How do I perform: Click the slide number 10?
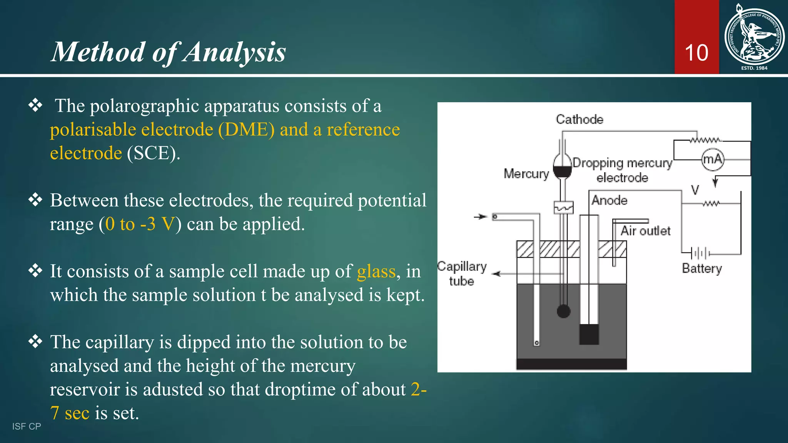click(696, 53)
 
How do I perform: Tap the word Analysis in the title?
click(234, 52)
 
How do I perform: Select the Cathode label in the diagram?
click(579, 120)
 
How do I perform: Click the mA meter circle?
click(713, 159)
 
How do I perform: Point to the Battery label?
click(702, 268)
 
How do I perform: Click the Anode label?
click(609, 200)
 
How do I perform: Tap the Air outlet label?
click(645, 231)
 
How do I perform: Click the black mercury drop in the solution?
click(564, 311)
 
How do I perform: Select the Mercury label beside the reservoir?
click(526, 174)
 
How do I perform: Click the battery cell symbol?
click(701, 253)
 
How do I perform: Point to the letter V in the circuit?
click(695, 190)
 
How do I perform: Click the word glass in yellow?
click(376, 271)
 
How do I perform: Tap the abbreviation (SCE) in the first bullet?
click(154, 153)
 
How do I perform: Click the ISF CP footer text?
click(27, 426)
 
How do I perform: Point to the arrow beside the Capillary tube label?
click(497, 274)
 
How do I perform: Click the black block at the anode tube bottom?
click(589, 334)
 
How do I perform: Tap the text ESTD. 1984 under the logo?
click(754, 68)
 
